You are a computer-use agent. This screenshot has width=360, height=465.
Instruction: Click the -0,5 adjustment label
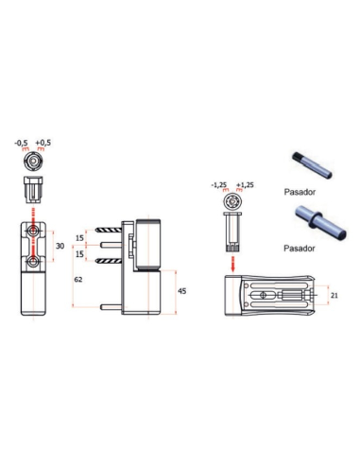[x=21, y=143]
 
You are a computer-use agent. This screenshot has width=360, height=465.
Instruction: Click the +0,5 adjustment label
[x=43, y=143]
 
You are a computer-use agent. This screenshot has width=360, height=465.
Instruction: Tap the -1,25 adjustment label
[x=219, y=185]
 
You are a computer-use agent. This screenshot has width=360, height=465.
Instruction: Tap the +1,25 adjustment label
[x=245, y=185]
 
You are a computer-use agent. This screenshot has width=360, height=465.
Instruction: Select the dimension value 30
[x=60, y=246]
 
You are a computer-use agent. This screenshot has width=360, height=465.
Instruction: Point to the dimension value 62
[x=78, y=280]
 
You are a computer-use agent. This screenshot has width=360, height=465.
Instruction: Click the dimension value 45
[x=182, y=291]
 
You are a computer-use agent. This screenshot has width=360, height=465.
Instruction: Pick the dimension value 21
[x=334, y=296]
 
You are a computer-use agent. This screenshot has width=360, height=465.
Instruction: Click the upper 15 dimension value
[x=80, y=238]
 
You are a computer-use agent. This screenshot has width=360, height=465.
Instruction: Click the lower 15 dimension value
[x=80, y=253]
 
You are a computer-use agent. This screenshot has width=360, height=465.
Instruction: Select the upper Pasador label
[x=300, y=192]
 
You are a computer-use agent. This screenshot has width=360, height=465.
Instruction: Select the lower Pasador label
[x=300, y=249]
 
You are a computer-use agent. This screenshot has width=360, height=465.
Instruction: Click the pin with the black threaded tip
[x=312, y=165]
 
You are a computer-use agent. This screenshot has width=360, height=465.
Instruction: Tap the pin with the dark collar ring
[x=320, y=223]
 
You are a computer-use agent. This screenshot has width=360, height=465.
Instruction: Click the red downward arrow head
[x=232, y=268]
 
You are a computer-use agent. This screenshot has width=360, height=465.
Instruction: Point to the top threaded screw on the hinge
[x=109, y=230]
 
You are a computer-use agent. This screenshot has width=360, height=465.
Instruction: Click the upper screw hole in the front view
[x=33, y=231]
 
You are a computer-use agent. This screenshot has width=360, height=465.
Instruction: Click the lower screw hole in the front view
[x=33, y=261]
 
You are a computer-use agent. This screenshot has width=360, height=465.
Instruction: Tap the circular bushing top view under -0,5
[x=33, y=161]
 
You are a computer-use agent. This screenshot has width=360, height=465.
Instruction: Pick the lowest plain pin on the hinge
[x=111, y=306]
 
